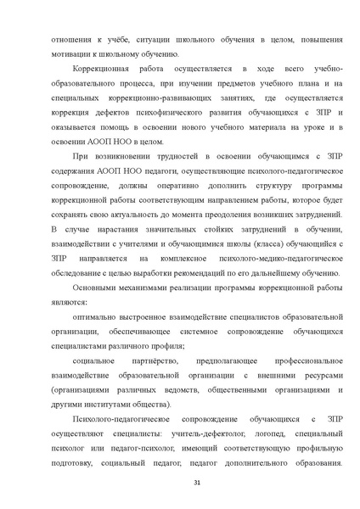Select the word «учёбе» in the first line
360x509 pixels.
pos(119,38)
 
